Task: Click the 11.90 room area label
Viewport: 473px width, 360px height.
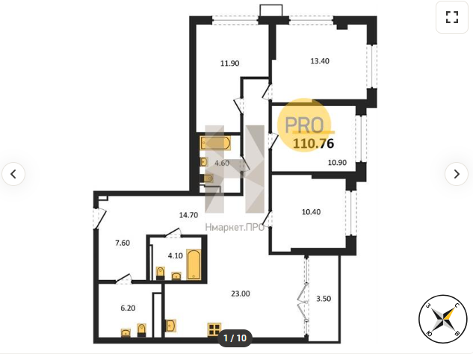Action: coord(230,63)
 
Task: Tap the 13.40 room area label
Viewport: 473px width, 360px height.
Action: coord(320,61)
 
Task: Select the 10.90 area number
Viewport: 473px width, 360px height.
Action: coord(337,163)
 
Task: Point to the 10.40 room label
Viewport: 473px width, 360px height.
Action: coord(311,212)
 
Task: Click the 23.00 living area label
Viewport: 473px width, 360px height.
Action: coord(241,294)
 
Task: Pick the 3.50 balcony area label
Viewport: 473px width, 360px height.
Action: coord(324,299)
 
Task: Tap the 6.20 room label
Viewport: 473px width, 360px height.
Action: coord(128,308)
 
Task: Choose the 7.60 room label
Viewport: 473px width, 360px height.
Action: coord(123,243)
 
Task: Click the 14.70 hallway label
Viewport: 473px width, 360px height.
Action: coord(188,215)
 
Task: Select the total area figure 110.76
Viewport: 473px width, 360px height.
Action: coord(313,143)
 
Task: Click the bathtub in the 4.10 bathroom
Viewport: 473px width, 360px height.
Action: coord(194,264)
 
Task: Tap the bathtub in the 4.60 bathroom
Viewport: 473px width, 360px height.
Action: coord(215,143)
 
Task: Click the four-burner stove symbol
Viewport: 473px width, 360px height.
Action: coord(214,329)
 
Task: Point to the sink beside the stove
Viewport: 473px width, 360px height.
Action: coord(170,326)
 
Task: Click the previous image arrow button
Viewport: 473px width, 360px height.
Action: coord(13,174)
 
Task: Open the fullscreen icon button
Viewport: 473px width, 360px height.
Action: coord(452,17)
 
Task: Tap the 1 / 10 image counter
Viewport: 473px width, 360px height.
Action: coord(235,338)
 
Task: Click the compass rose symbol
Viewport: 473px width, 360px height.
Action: coord(442,319)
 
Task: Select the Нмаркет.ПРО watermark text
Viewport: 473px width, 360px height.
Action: coord(235,227)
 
